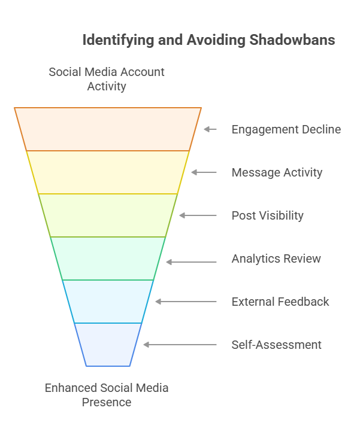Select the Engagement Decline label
pyautogui.click(x=286, y=129)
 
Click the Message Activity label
pyautogui.click(x=277, y=172)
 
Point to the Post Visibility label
pyautogui.click(x=267, y=215)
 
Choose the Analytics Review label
pyautogui.click(x=276, y=258)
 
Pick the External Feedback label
pyautogui.click(x=280, y=302)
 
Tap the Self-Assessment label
pyautogui.click(x=276, y=345)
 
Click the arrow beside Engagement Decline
pyautogui.click(x=210, y=129)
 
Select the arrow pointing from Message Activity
pyautogui.click(x=204, y=172)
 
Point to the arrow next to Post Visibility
pyautogui.click(x=198, y=215)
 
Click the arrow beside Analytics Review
pyautogui.click(x=191, y=262)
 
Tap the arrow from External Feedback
pyautogui.click(x=186, y=302)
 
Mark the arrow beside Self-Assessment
pyautogui.click(x=180, y=345)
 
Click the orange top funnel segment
pyautogui.click(x=108, y=129)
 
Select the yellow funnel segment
pyautogui.click(x=108, y=172)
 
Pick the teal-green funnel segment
pyautogui.click(x=108, y=258)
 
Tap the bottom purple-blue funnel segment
pyautogui.click(x=108, y=345)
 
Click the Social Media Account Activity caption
pyautogui.click(x=107, y=79)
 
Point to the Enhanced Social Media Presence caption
pyautogui.click(x=107, y=395)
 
